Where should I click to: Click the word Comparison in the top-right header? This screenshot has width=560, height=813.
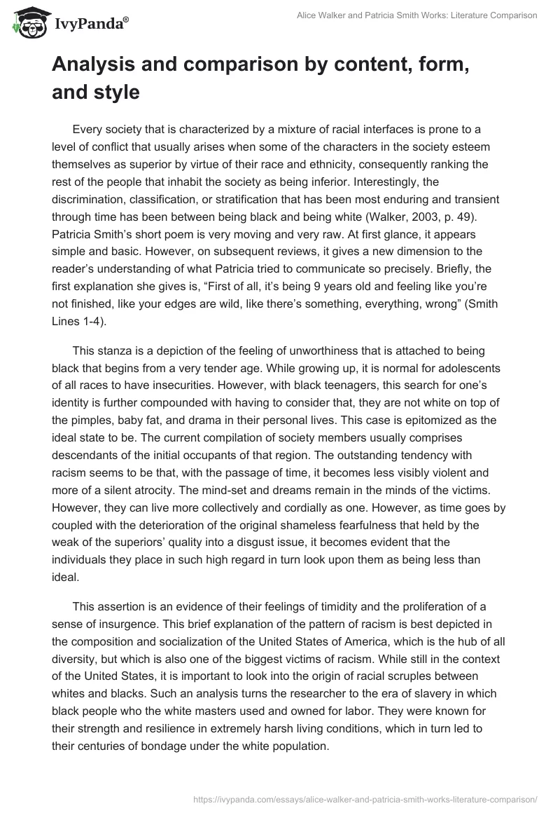pos(512,15)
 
